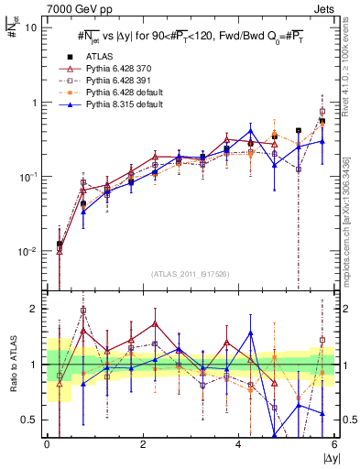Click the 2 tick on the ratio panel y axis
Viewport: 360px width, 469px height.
click(x=37, y=309)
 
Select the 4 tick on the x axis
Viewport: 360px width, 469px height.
click(x=239, y=444)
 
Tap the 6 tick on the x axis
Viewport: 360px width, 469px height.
click(x=335, y=444)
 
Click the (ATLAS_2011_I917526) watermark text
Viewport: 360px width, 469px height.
click(x=191, y=274)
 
